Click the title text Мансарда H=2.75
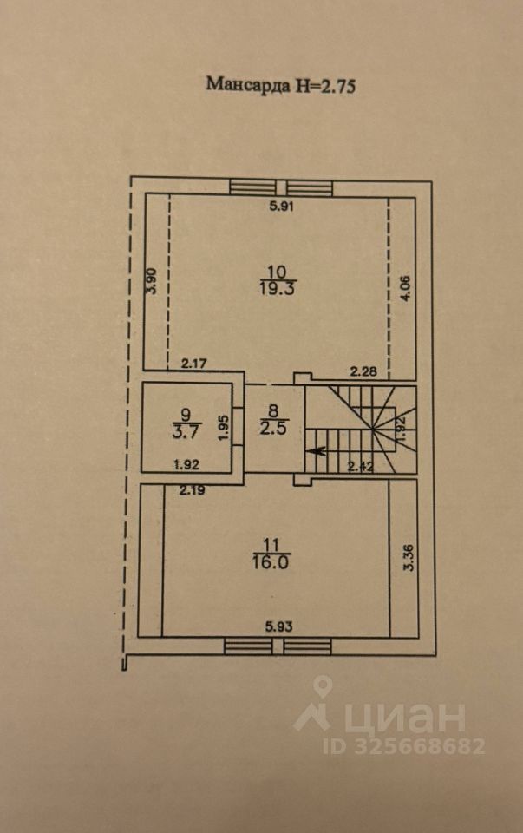click(x=280, y=85)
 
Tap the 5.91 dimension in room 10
click(x=281, y=207)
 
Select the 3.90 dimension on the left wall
click(x=153, y=281)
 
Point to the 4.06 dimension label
click(x=406, y=289)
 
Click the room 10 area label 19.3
click(x=278, y=288)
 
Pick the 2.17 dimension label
click(x=193, y=364)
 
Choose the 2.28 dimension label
click(x=363, y=371)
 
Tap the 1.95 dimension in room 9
click(x=224, y=428)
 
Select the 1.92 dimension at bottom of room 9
click(x=186, y=465)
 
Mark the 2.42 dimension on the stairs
click(x=361, y=467)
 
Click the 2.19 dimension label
click(x=192, y=490)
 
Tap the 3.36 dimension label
click(x=409, y=558)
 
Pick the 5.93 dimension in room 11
click(x=278, y=626)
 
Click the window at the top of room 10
click(x=281, y=188)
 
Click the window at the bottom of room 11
click(x=278, y=646)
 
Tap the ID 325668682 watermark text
click(x=403, y=746)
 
